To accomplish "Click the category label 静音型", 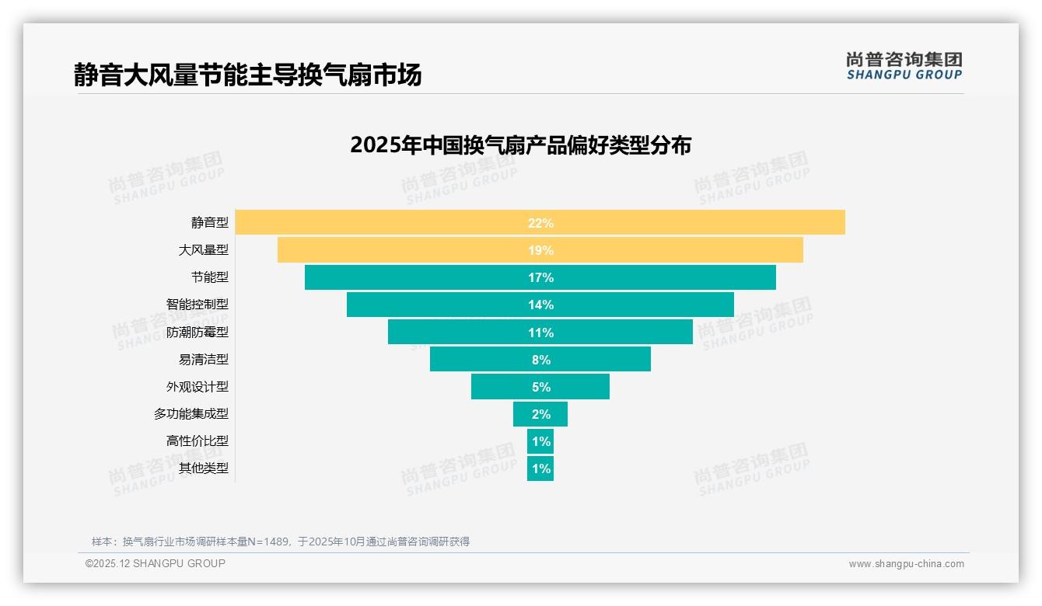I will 210,223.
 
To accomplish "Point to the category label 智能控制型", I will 198,305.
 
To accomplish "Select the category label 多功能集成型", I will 191,414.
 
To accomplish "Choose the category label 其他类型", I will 204,468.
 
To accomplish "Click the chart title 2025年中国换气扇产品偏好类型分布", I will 520,145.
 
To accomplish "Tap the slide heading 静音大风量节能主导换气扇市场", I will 247,75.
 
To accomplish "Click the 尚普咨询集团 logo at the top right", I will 904,65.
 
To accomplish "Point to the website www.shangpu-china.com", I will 906,564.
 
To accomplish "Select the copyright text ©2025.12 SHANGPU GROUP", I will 156,563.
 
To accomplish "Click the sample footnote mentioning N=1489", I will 281,542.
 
